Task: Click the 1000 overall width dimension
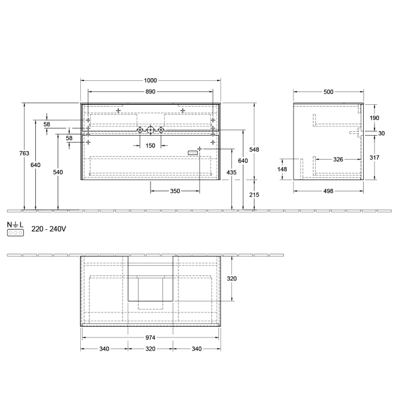click(150, 81)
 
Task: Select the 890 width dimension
click(150, 92)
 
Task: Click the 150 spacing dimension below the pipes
click(150, 146)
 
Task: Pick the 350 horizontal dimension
click(175, 192)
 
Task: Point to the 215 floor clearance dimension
click(254, 195)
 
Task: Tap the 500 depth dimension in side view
click(328, 92)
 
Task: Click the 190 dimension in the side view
click(374, 118)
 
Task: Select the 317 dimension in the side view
click(374, 157)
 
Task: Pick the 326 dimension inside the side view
click(338, 160)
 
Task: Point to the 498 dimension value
click(328, 192)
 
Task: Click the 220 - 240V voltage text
click(49, 229)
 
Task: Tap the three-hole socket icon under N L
click(15, 233)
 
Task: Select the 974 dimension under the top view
click(150, 337)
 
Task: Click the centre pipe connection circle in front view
click(150, 131)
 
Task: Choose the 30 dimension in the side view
click(381, 133)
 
